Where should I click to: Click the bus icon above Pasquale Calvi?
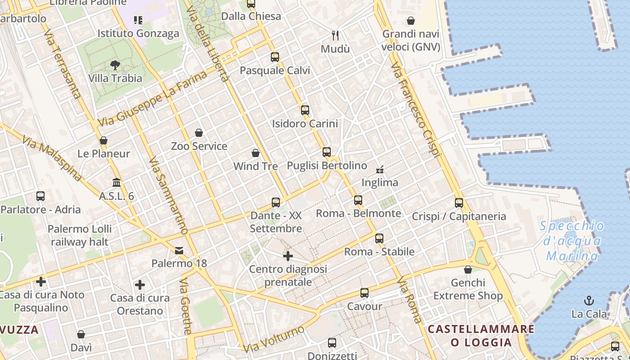[275, 57]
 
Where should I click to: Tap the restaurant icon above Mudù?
[335, 35]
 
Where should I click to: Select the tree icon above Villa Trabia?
[115, 65]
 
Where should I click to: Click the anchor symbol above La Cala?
[589, 300]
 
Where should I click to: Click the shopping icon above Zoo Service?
[199, 133]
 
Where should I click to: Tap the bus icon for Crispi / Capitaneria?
[459, 203]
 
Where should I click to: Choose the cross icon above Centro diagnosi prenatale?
[288, 256]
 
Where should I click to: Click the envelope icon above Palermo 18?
[179, 250]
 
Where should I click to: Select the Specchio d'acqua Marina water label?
[572, 241]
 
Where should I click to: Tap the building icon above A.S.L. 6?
[117, 183]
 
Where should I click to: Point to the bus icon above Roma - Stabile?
[379, 238]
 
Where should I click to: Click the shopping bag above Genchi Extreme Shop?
[468, 270]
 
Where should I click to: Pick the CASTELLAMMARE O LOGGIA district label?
[481, 336]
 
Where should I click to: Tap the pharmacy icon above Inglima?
[380, 170]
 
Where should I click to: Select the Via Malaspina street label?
[52, 159]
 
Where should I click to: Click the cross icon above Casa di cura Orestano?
[140, 285]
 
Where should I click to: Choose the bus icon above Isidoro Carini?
[305, 110]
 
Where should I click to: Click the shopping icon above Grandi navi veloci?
[411, 21]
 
